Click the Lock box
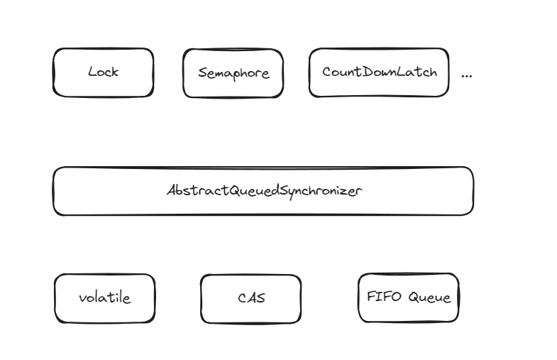pos(104,72)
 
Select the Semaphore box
pos(233,73)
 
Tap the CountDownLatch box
pos(379,72)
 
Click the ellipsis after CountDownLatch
pos(466,76)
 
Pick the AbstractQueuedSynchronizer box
pos(263,191)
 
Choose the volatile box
pos(105,298)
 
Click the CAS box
pos(250,299)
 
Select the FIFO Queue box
pos(409,298)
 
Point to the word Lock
pos(104,72)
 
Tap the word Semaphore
pos(233,74)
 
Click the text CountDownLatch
pos(380,72)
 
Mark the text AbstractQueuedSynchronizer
pos(264,191)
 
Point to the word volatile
pos(105,298)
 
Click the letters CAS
pos(251,298)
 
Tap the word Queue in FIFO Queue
pos(429,297)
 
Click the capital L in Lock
pos(92,72)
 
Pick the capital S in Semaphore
pos(202,73)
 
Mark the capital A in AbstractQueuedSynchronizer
pos(172,190)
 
